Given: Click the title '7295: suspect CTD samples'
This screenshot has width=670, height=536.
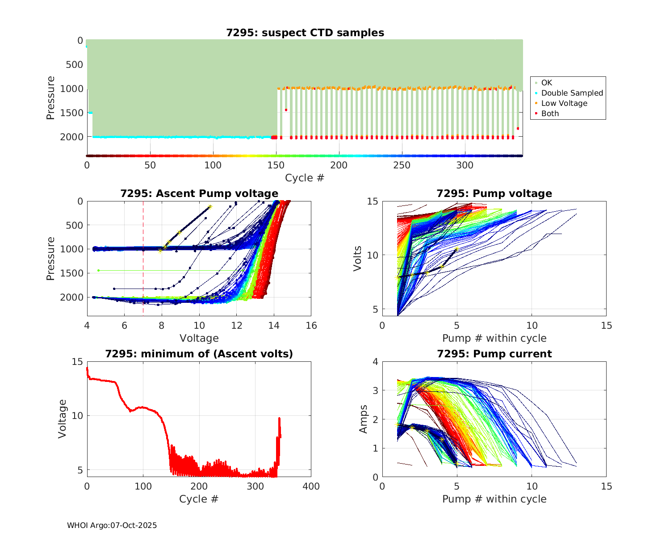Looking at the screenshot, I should pyautogui.click(x=305, y=33).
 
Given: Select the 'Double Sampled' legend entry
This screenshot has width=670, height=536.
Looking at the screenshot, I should pyautogui.click(x=572, y=93).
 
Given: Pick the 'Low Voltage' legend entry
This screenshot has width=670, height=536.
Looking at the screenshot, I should pyautogui.click(x=564, y=103).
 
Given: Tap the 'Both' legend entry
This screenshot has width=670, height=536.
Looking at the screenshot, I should pyautogui.click(x=550, y=113).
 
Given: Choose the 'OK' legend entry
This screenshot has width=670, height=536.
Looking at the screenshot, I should pyautogui.click(x=546, y=83).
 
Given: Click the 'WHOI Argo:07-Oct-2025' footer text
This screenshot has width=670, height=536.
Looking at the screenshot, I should pyautogui.click(x=112, y=525).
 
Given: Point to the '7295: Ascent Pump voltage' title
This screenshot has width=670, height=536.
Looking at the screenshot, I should pyautogui.click(x=199, y=193).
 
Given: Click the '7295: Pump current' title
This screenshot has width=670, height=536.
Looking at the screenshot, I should pyautogui.click(x=494, y=354).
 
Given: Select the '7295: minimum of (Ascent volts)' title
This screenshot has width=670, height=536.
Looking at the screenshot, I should pyautogui.click(x=199, y=354).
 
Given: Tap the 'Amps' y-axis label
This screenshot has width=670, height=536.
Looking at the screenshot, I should pyautogui.click(x=363, y=419).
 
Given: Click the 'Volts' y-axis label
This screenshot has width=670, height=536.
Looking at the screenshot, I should pyautogui.click(x=357, y=259).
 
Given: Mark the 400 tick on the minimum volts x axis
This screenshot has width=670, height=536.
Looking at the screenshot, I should pyautogui.click(x=311, y=486).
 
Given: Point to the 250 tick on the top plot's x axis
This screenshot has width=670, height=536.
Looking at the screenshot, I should pyautogui.click(x=402, y=165).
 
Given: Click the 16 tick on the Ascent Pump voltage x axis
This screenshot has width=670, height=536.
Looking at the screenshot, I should pyautogui.click(x=311, y=326).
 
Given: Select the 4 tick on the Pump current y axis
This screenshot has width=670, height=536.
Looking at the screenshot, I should pyautogui.click(x=375, y=362).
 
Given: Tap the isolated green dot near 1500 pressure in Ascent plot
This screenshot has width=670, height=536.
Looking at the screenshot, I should pyautogui.click(x=98, y=270).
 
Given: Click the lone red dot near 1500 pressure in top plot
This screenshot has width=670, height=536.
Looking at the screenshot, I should pyautogui.click(x=286, y=110).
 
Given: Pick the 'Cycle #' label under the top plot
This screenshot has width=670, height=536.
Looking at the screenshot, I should pyautogui.click(x=305, y=178).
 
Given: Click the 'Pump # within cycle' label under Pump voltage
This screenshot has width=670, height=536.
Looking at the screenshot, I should pyautogui.click(x=494, y=338).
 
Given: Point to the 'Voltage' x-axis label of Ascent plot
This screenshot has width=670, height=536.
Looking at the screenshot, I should pyautogui.click(x=199, y=338).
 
